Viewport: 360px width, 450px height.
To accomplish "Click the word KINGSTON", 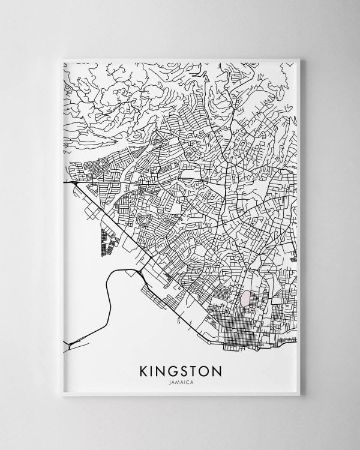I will tap(179, 367).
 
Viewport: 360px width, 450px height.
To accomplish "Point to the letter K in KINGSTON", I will tap(143, 367).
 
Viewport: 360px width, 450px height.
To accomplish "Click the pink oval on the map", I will tap(246, 298).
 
